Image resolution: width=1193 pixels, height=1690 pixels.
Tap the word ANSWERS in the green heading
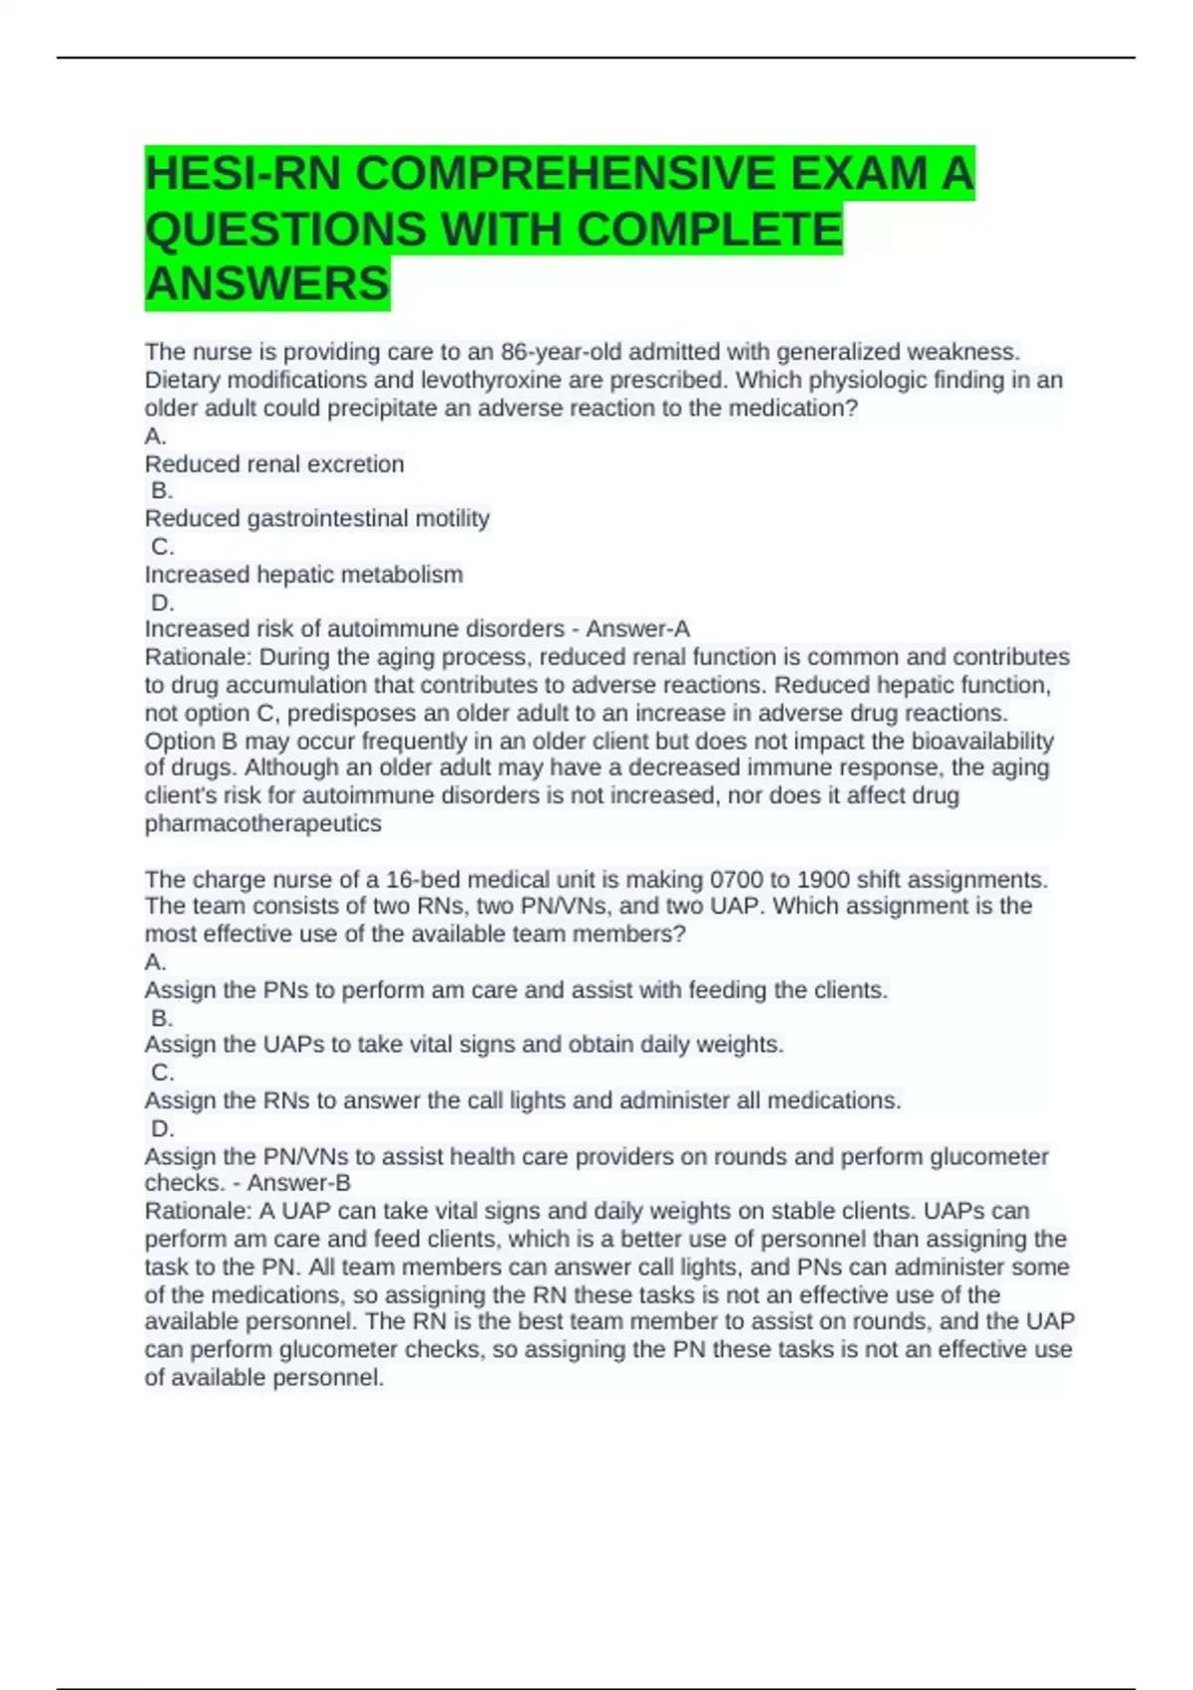tap(266, 283)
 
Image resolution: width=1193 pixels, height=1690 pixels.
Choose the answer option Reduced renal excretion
tap(274, 464)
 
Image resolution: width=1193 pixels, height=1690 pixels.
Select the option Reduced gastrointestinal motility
tap(317, 519)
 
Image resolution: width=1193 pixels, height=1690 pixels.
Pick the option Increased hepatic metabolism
tap(303, 575)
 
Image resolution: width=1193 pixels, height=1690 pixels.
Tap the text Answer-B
tap(298, 1183)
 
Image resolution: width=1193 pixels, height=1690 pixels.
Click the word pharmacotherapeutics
tap(262, 824)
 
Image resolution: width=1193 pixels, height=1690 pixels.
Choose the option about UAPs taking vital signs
tap(464, 1045)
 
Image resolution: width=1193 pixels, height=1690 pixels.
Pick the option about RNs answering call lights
tap(523, 1100)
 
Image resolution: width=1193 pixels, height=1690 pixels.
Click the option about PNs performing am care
tap(516, 990)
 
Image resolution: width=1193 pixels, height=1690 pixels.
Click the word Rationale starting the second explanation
tap(198, 1211)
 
